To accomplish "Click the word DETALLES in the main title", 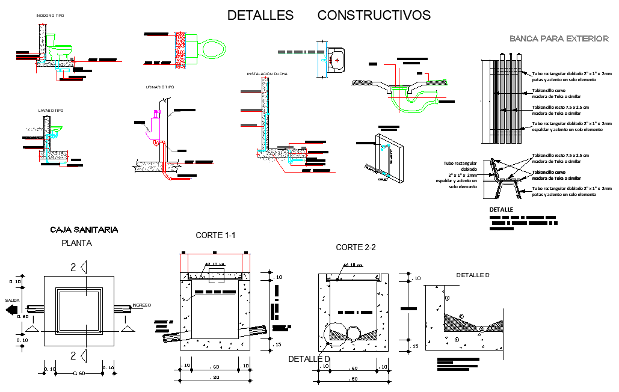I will (x=260, y=16).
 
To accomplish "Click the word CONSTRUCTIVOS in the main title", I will (x=374, y=16).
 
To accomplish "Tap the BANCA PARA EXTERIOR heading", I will (x=559, y=38).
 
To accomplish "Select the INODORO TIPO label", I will (x=50, y=15).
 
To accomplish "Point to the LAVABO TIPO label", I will (x=51, y=111).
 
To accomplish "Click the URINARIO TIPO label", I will (x=160, y=87).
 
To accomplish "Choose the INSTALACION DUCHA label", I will (x=266, y=74).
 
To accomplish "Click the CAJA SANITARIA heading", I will (x=84, y=230).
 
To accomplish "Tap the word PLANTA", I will (x=77, y=243).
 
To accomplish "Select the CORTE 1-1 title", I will (x=215, y=235).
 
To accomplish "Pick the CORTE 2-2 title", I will (x=356, y=247).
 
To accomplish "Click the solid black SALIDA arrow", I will (x=11, y=310).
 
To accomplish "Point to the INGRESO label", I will (x=141, y=305).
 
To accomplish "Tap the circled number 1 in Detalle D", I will (x=447, y=298).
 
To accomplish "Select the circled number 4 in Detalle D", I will (x=457, y=340).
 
